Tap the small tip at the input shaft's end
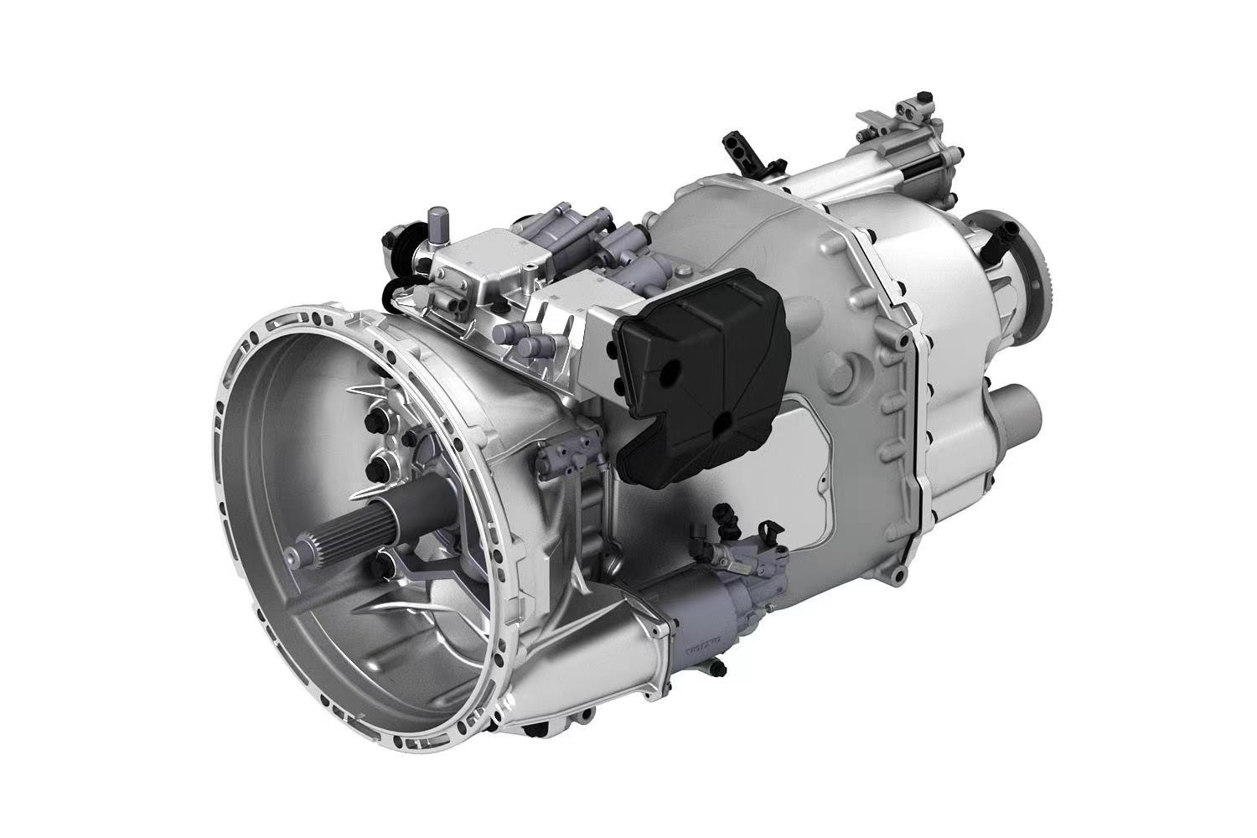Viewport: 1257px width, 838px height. click(x=291, y=554)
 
